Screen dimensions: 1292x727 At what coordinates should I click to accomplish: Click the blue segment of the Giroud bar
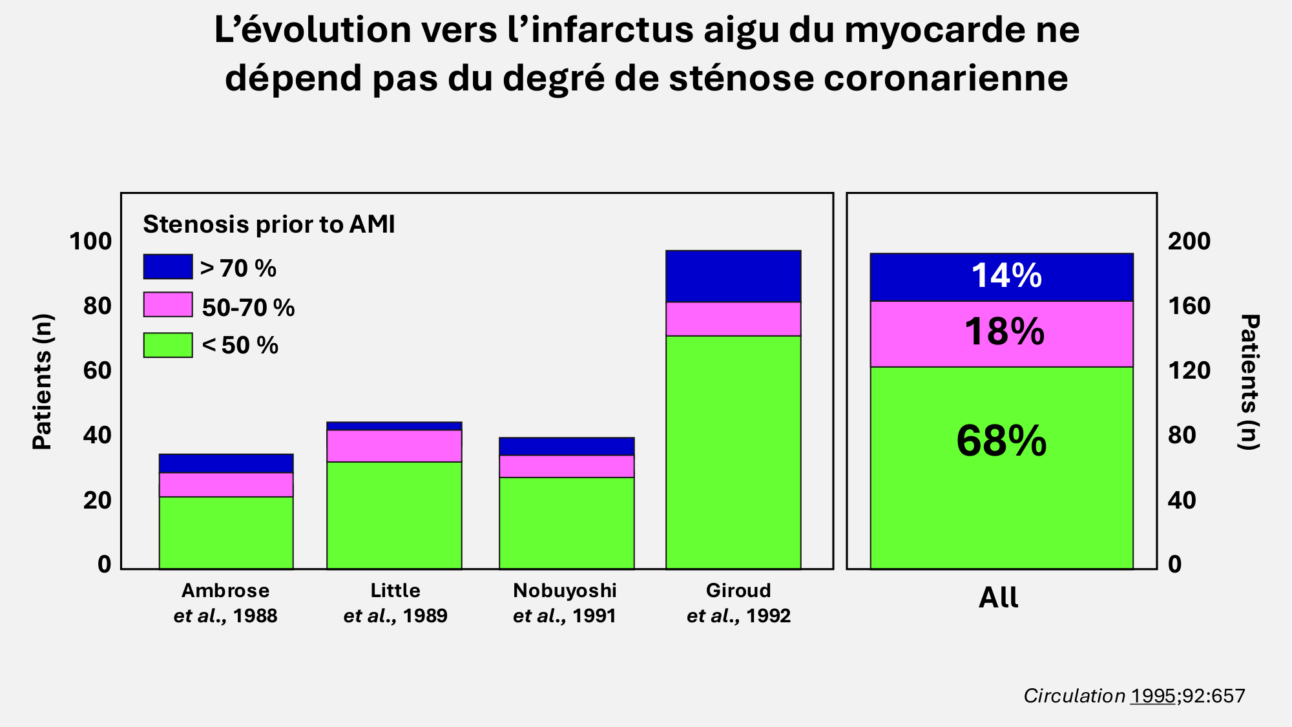click(733, 276)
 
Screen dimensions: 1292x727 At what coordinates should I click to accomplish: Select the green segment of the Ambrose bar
click(226, 532)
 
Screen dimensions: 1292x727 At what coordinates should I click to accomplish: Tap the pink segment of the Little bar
click(394, 446)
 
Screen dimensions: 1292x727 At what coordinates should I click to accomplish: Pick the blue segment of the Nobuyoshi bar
click(567, 447)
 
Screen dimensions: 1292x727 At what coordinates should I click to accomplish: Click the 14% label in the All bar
click(1006, 275)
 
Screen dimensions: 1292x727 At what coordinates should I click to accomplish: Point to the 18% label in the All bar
click(1005, 332)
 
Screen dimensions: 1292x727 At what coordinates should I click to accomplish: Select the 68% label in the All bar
click(1001, 441)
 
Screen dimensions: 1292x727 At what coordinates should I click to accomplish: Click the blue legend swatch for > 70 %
click(168, 266)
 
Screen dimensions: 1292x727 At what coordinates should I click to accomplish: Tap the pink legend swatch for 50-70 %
click(168, 304)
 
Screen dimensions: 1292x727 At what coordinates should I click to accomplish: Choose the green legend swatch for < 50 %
click(168, 345)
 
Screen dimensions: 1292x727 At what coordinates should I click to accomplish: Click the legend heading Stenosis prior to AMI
click(269, 224)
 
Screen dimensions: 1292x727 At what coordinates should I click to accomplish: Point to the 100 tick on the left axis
click(90, 242)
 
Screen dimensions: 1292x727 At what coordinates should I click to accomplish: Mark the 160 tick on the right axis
click(1189, 306)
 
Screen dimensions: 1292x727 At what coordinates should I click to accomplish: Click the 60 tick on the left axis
click(97, 371)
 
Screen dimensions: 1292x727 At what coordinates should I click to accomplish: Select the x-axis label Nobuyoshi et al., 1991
click(565, 603)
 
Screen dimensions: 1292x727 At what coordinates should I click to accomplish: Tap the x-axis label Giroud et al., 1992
click(738, 603)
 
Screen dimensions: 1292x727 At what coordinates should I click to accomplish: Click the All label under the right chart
click(999, 598)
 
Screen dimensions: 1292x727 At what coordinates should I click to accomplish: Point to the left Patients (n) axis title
click(42, 382)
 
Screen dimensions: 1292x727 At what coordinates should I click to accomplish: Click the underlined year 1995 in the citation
click(1153, 696)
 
